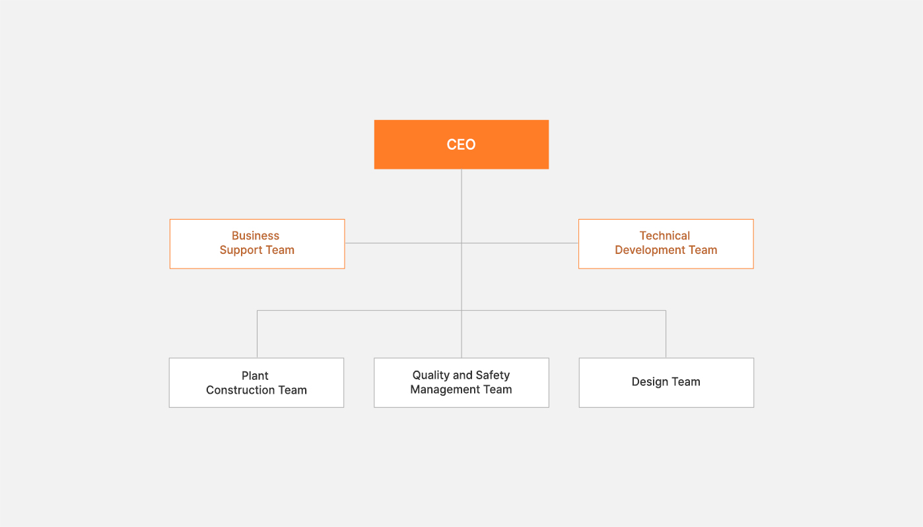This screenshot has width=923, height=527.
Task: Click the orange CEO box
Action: pos(462,144)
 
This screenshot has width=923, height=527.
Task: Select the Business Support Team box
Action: pos(257,244)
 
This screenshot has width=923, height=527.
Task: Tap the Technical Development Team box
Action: pos(666,244)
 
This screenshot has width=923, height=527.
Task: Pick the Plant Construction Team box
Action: pos(256,383)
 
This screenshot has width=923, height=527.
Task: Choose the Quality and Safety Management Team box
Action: pos(462,383)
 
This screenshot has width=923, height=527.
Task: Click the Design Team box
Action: pos(666,383)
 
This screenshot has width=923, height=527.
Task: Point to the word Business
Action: pos(256,235)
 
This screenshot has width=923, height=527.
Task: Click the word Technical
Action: pos(665,235)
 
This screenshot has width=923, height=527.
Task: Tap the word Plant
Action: pos(255,375)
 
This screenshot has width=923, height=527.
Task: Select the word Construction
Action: pos(240,390)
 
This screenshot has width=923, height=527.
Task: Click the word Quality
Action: pos(431,375)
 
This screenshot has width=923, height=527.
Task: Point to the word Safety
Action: pos(493,375)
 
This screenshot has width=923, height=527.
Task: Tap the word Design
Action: pos(650,382)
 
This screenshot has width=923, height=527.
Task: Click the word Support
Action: pos(241,250)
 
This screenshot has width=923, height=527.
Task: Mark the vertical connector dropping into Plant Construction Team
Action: pos(257,334)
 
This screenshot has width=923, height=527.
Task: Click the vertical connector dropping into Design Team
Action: pos(666,334)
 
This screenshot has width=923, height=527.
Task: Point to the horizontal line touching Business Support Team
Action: pos(403,243)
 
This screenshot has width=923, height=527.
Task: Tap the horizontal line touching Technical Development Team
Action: pos(520,243)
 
